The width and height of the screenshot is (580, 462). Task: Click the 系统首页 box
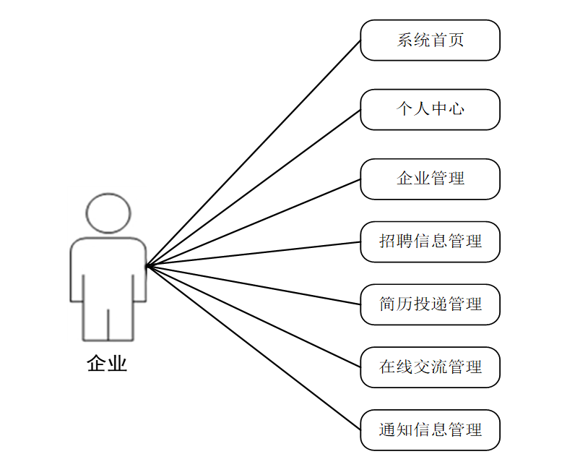pos(430,40)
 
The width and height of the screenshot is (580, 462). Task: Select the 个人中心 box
pos(430,109)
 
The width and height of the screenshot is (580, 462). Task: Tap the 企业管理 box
pos(430,179)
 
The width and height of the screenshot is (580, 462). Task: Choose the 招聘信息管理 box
pos(430,241)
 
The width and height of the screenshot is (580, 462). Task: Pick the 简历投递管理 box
pos(430,304)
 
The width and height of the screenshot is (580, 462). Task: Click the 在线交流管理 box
pos(430,367)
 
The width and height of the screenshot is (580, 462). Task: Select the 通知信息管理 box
pos(430,430)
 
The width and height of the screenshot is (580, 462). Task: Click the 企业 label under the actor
pos(107,363)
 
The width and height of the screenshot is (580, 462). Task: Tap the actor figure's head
pos(108,213)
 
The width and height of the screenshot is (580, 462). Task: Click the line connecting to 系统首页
pos(253,153)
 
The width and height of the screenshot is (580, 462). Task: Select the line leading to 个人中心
pos(253,188)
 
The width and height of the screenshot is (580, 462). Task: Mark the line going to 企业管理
pos(253,223)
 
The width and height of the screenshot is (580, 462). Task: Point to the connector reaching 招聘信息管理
pos(253,254)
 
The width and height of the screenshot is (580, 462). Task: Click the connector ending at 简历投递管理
pos(253,285)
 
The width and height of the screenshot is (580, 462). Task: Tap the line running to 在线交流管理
pos(253,317)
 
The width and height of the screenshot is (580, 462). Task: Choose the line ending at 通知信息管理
pos(253,348)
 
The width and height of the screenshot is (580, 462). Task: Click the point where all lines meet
pos(147,266)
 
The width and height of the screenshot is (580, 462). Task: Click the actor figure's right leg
pos(121,322)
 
